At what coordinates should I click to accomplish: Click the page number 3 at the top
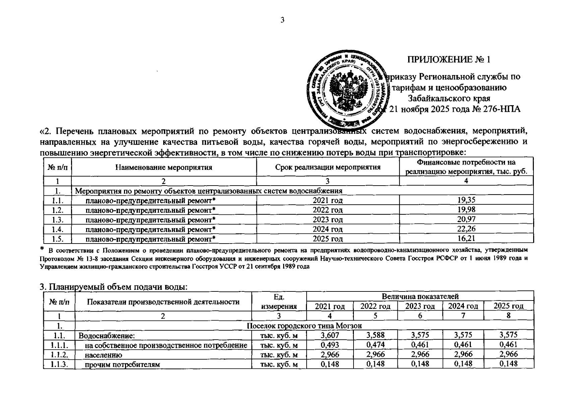(282, 20)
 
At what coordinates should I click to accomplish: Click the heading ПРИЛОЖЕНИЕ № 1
(449, 60)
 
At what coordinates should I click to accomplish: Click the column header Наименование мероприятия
(164, 167)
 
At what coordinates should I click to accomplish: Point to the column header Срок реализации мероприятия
(328, 167)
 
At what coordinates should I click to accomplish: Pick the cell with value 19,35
(466, 200)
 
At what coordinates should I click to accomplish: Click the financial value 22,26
(466, 229)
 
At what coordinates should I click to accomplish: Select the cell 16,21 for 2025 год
(466, 239)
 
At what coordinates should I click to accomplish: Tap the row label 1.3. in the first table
(57, 219)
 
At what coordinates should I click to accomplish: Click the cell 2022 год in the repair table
(327, 210)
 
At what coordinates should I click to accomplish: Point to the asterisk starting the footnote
(42, 249)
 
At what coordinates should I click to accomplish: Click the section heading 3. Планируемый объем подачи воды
(113, 287)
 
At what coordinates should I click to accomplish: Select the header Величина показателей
(420, 296)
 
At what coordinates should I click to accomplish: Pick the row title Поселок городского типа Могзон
(304, 326)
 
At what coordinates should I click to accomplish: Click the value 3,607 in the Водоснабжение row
(329, 335)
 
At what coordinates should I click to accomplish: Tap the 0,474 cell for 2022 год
(375, 345)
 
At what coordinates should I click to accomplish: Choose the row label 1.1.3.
(59, 364)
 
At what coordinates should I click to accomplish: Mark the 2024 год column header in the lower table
(463, 306)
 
